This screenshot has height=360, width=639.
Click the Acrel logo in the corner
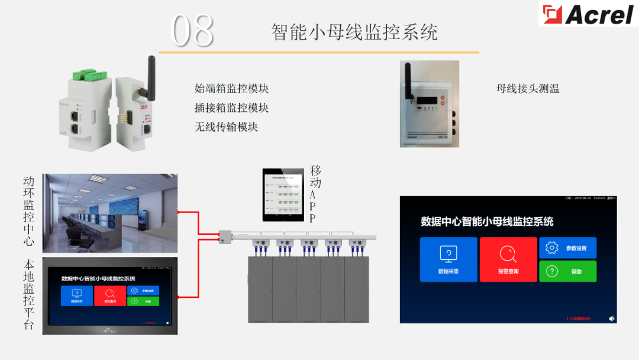(588, 14)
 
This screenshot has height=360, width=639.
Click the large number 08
(192, 31)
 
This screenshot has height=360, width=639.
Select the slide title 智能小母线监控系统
(354, 32)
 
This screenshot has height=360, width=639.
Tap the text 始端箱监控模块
(231, 89)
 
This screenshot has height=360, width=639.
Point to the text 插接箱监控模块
(231, 108)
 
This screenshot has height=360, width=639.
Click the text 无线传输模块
(226, 127)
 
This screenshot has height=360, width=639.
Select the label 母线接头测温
(528, 89)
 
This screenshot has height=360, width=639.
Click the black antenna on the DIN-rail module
(151, 72)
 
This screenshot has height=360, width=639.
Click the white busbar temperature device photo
(429, 104)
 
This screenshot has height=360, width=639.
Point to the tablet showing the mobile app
(286, 195)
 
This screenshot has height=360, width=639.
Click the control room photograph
(109, 213)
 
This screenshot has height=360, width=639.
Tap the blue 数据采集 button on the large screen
(448, 259)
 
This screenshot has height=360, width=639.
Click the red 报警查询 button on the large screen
(508, 259)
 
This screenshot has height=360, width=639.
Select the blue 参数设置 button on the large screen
(567, 247)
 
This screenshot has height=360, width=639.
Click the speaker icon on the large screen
(612, 318)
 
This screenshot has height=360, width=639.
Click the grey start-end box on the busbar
(224, 236)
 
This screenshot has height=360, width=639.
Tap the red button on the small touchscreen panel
(109, 295)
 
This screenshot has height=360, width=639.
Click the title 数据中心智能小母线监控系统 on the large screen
(486, 221)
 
